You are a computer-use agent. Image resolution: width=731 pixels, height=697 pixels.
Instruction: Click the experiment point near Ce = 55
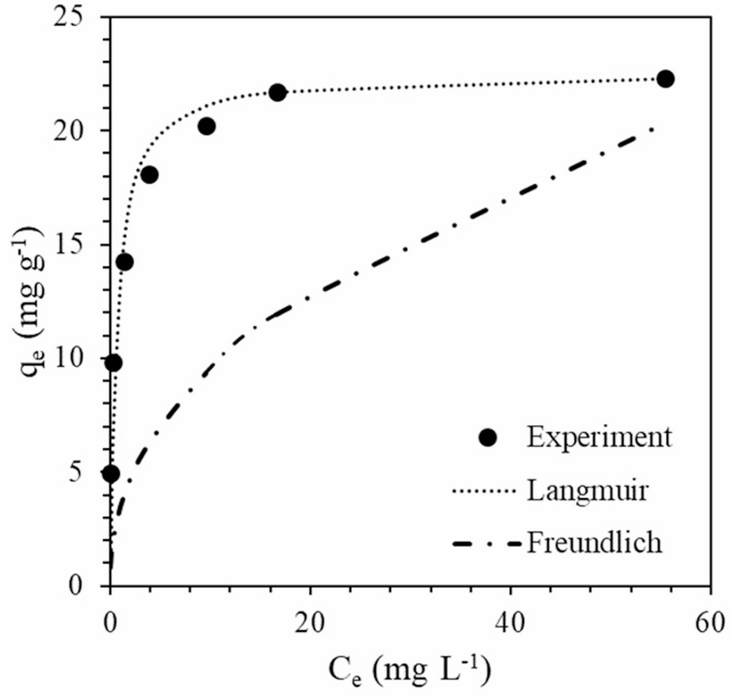pos(665,79)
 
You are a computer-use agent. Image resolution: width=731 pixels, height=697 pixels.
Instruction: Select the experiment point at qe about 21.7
pos(277,92)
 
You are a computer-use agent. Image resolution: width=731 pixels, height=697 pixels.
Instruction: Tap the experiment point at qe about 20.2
pos(207,126)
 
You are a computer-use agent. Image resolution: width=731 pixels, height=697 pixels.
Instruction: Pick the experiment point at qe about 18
pos(149,174)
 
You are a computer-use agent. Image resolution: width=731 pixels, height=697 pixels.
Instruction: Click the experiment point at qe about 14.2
pos(124,262)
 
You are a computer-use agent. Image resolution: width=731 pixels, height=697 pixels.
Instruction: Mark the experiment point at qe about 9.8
pos(113,362)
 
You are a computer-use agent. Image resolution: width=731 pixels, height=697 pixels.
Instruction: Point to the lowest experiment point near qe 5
pos(111,473)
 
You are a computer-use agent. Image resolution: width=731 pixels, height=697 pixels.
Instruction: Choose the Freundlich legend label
pos(594,544)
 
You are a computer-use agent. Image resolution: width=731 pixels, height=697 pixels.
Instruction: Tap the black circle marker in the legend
pos(488,437)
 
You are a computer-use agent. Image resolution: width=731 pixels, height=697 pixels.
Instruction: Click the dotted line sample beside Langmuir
pos(484,491)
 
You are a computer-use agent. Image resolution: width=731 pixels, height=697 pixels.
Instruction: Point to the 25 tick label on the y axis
pos(78,17)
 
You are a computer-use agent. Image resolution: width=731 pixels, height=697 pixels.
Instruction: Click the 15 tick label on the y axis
pos(78,244)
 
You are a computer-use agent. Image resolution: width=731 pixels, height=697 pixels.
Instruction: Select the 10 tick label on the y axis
pos(78,358)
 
